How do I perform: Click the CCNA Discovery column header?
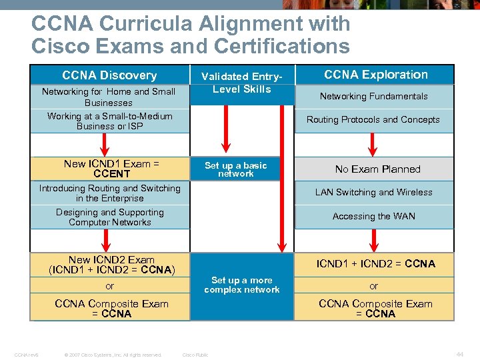pos(109,75)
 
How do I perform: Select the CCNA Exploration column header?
pos(376,75)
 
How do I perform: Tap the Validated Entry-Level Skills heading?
pos(241,83)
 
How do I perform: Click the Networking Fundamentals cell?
pos(373,96)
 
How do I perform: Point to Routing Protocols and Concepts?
pos(373,120)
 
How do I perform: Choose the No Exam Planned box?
pos(377,169)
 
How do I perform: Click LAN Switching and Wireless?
pos(373,192)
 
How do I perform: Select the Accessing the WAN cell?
pos(373,216)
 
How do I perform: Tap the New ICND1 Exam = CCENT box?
pos(111,169)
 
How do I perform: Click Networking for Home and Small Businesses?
pos(109,97)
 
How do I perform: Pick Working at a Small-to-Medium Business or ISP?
pos(109,121)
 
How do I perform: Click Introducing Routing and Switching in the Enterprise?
pos(109,193)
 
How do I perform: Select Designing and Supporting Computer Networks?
pos(109,217)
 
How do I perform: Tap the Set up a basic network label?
pos(235,169)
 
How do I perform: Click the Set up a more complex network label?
pos(241,285)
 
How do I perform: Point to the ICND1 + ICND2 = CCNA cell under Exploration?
pos(375,263)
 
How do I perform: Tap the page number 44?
pos(459,354)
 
